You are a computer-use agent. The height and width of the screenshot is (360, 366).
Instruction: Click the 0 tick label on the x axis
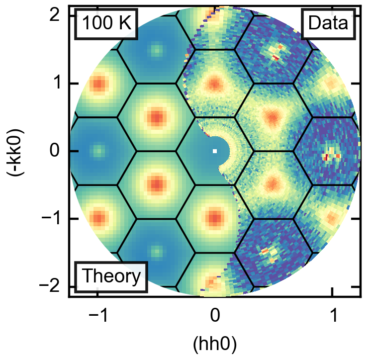coord(215,316)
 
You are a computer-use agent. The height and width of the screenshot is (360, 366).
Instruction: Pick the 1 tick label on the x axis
coord(332,316)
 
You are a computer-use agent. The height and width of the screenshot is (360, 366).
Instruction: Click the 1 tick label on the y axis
coord(57,83)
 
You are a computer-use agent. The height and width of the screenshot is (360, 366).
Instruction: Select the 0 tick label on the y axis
coord(57,151)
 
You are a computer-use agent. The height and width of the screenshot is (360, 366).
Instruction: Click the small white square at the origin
coord(215,151)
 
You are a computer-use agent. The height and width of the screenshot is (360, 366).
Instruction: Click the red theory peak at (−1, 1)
coord(98,83)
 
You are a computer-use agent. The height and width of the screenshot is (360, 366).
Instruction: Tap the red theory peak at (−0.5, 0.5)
coord(157,117)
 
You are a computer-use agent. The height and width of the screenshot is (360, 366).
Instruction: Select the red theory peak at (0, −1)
coord(215,218)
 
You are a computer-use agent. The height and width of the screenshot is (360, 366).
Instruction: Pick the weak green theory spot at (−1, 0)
coord(98,150)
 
